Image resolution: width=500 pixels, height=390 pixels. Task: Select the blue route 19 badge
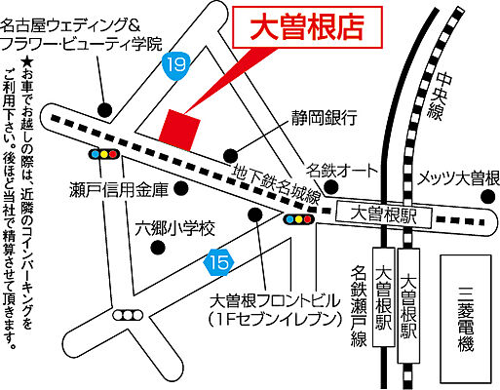[x=175, y=65]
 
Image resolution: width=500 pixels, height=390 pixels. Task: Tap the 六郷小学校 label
[x=174, y=230]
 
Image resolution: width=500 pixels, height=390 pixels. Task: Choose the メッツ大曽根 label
[x=457, y=178]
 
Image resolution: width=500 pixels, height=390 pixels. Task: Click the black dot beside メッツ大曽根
[x=486, y=195]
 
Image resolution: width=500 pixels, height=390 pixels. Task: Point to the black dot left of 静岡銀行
[x=231, y=154]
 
